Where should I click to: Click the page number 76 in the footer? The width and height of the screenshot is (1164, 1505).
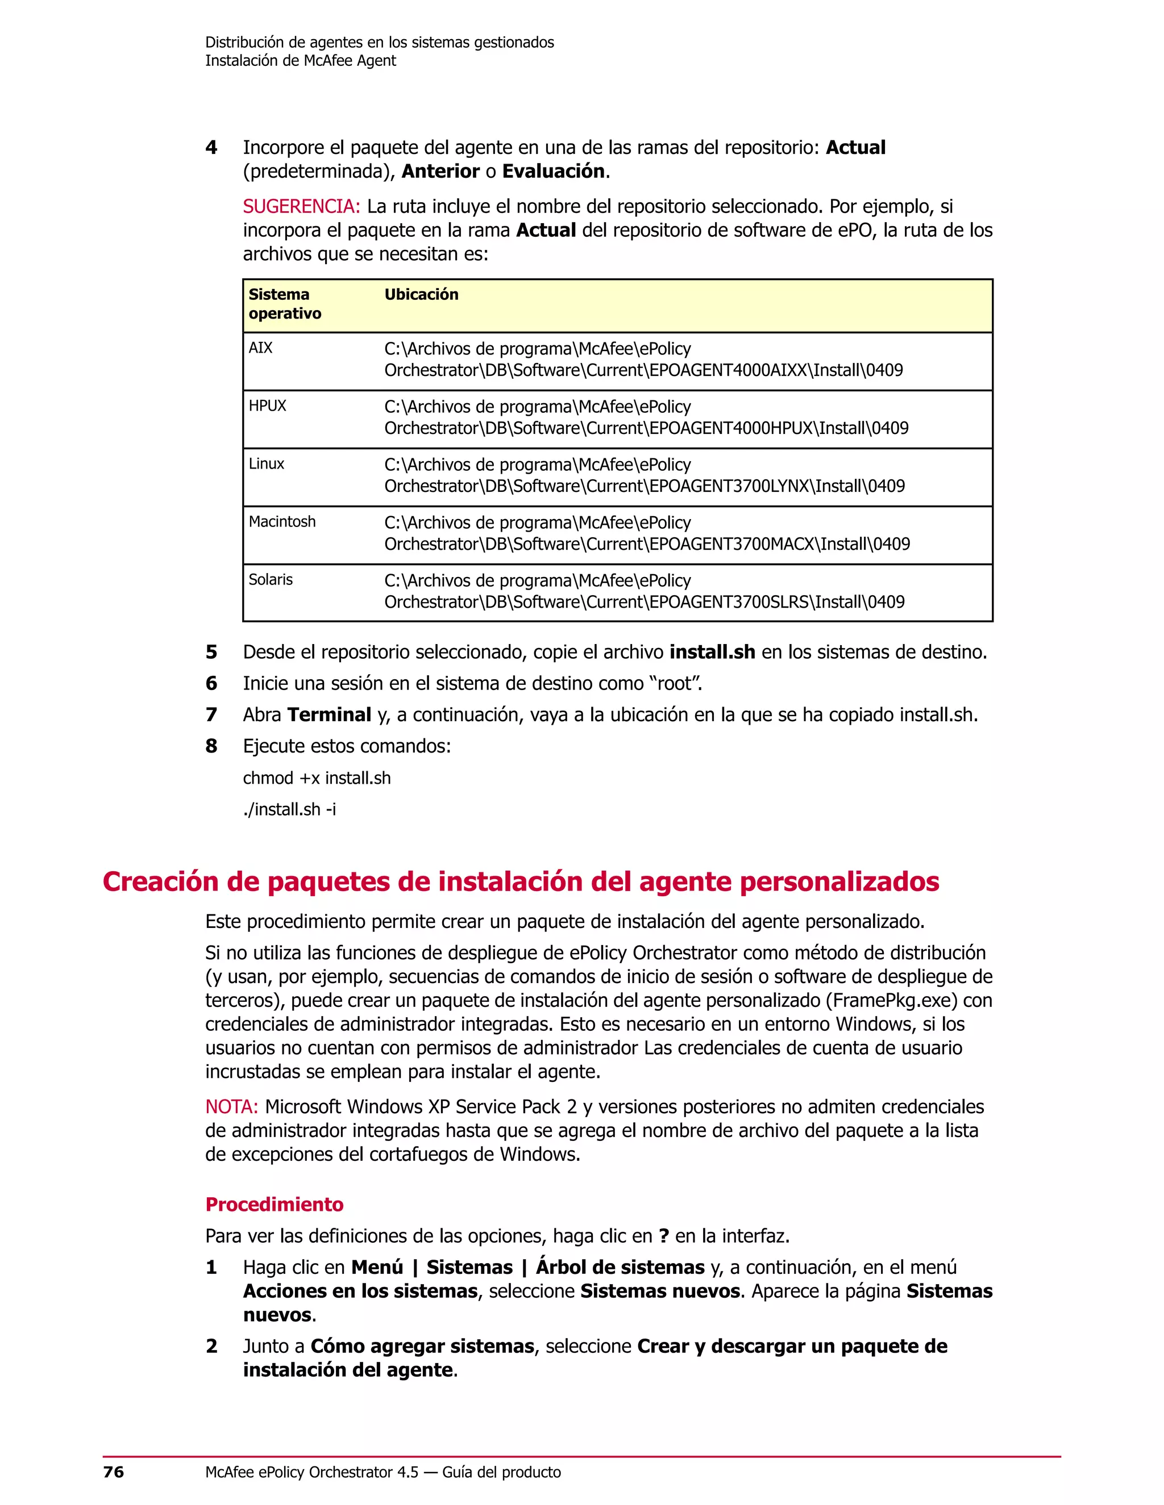click(x=113, y=1472)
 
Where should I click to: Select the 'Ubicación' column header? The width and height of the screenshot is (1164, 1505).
click(x=421, y=294)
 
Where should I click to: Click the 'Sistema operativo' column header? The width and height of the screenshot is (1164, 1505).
click(x=285, y=304)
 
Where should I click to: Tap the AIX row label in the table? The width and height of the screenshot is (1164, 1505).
click(x=261, y=348)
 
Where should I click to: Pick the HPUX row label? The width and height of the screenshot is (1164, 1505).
click(x=267, y=406)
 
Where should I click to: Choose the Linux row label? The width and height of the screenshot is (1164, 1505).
click(x=266, y=464)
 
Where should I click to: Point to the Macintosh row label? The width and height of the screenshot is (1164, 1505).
click(x=282, y=522)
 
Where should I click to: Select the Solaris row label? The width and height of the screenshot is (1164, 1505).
click(x=271, y=579)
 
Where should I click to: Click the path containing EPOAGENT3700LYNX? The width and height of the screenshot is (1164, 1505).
click(x=644, y=475)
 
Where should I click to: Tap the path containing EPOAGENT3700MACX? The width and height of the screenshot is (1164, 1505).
click(x=647, y=533)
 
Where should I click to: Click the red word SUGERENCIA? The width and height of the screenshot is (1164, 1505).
click(x=301, y=206)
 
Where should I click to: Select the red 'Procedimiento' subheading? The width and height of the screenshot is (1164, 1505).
click(x=274, y=1205)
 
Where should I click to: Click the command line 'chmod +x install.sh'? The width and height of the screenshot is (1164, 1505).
click(x=317, y=778)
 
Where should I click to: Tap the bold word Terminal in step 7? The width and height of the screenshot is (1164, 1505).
click(x=329, y=714)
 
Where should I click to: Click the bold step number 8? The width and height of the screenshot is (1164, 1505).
click(x=211, y=746)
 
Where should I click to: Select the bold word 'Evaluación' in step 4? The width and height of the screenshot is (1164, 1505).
click(x=553, y=171)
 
